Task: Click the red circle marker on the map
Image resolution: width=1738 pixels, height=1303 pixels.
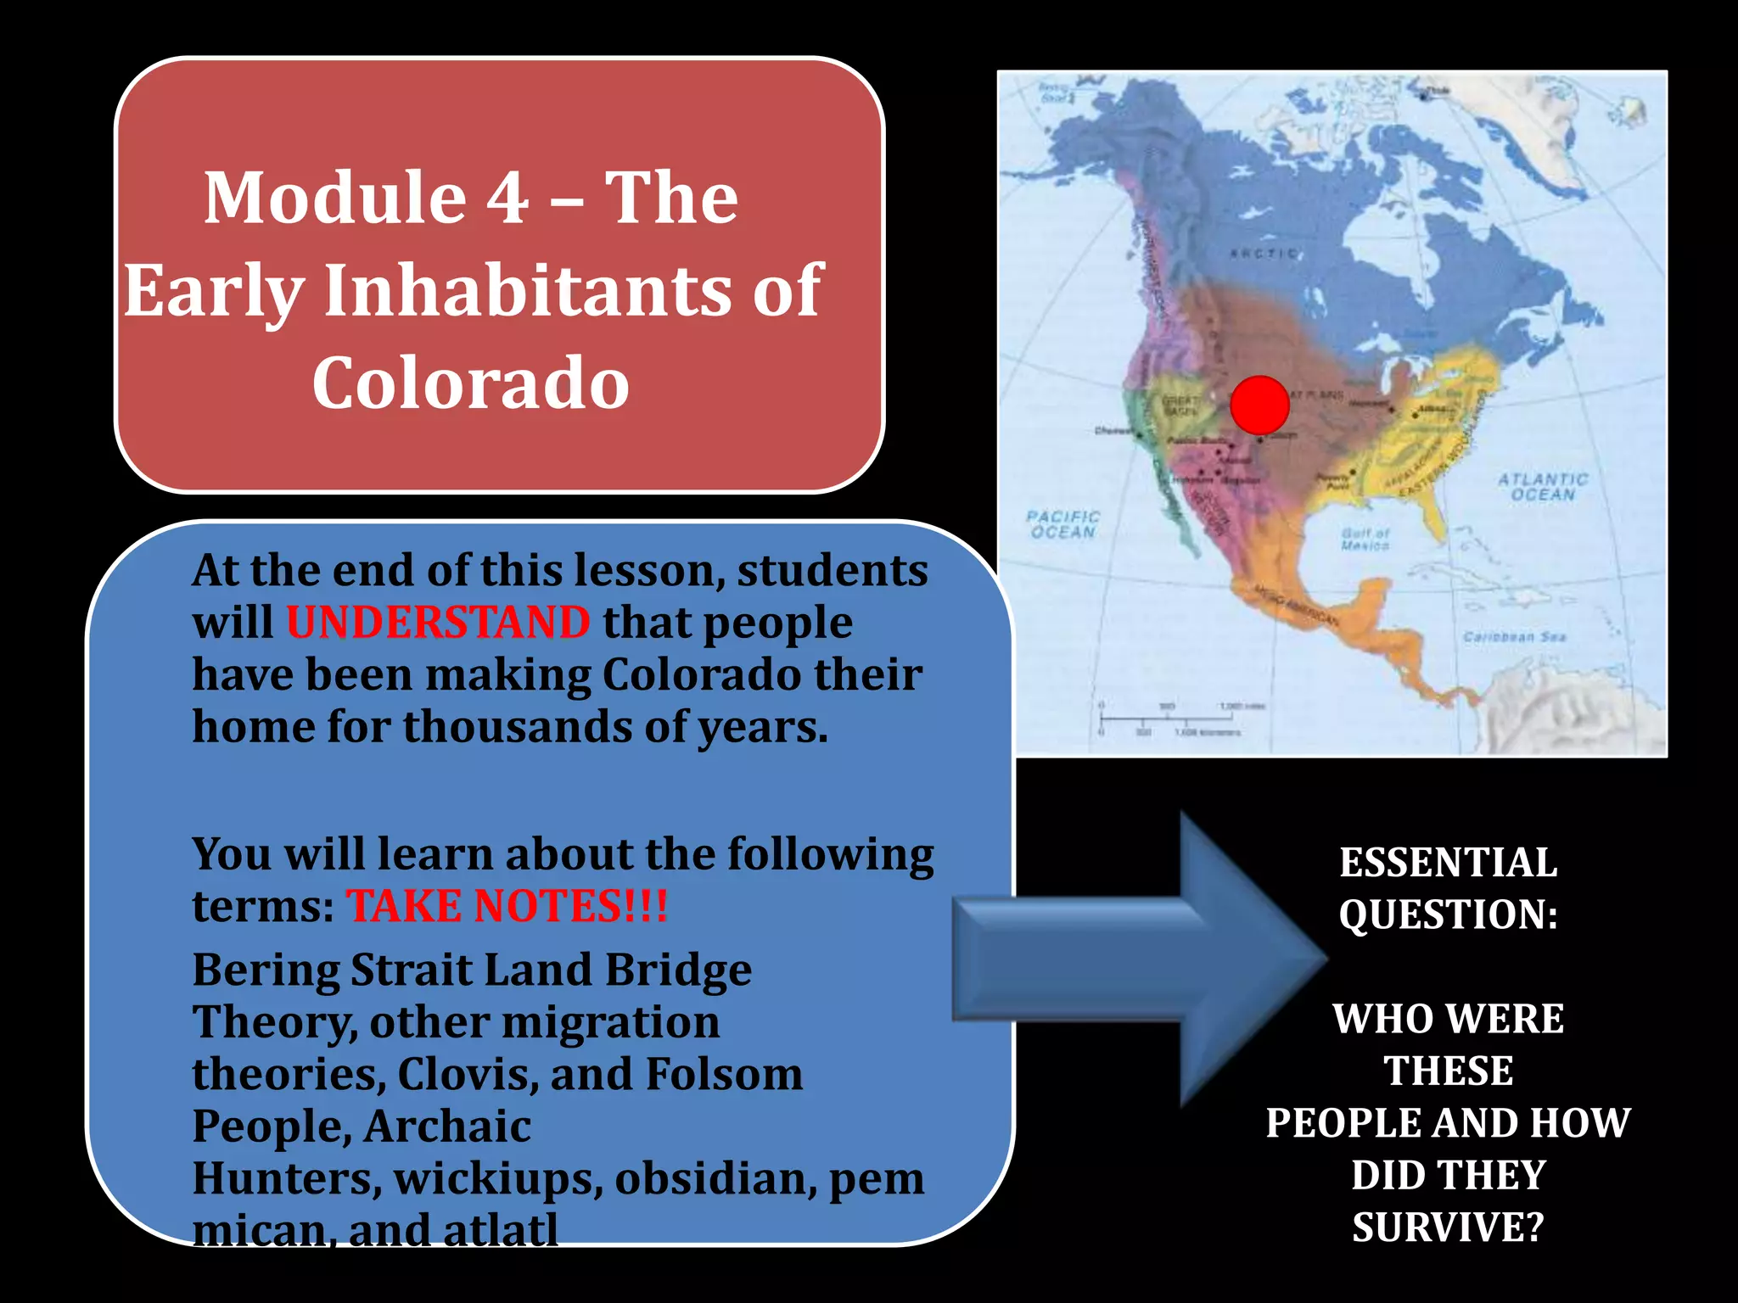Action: pyautogui.click(x=1259, y=405)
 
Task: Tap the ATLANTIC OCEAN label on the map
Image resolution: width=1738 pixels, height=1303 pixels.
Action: pyautogui.click(x=1542, y=487)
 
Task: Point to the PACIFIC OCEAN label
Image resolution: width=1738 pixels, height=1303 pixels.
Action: pyautogui.click(x=1062, y=524)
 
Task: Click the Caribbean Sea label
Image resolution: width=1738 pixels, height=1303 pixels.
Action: pyautogui.click(x=1514, y=636)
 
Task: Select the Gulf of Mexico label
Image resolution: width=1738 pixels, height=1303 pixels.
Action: pyautogui.click(x=1365, y=540)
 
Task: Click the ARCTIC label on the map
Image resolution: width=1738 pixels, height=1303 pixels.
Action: pyautogui.click(x=1264, y=253)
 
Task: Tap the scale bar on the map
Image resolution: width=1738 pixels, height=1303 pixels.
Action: pyautogui.click(x=1171, y=719)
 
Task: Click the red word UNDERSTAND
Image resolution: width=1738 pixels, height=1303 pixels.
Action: pyautogui.click(x=438, y=623)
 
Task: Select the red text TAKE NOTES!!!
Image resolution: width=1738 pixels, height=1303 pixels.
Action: pyautogui.click(x=507, y=906)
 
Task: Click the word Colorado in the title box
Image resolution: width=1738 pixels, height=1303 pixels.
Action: pyautogui.click(x=470, y=383)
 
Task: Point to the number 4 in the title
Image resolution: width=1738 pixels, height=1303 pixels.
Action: pyautogui.click(x=507, y=198)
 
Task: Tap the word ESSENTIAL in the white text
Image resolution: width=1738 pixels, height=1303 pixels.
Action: pyautogui.click(x=1448, y=863)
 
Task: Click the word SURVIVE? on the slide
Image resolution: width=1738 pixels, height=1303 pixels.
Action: pyautogui.click(x=1448, y=1228)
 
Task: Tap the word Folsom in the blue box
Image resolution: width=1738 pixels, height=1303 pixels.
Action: pyautogui.click(x=724, y=1074)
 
